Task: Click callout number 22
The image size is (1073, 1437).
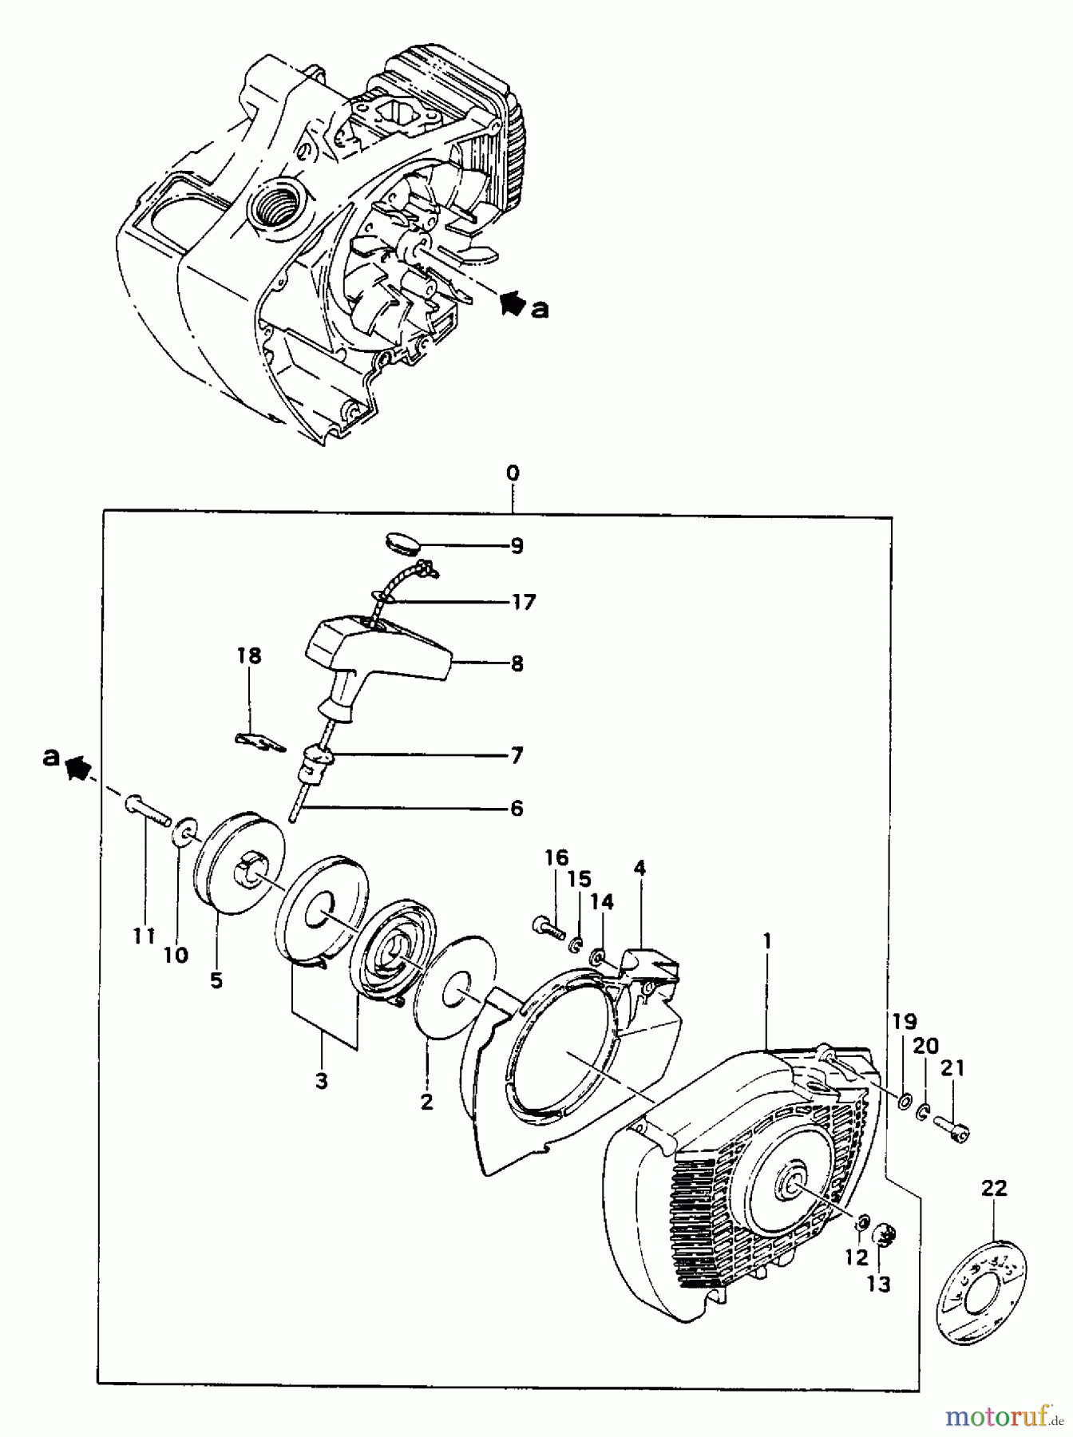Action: tap(994, 1187)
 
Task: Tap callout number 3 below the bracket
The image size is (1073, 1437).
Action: tap(321, 1081)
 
